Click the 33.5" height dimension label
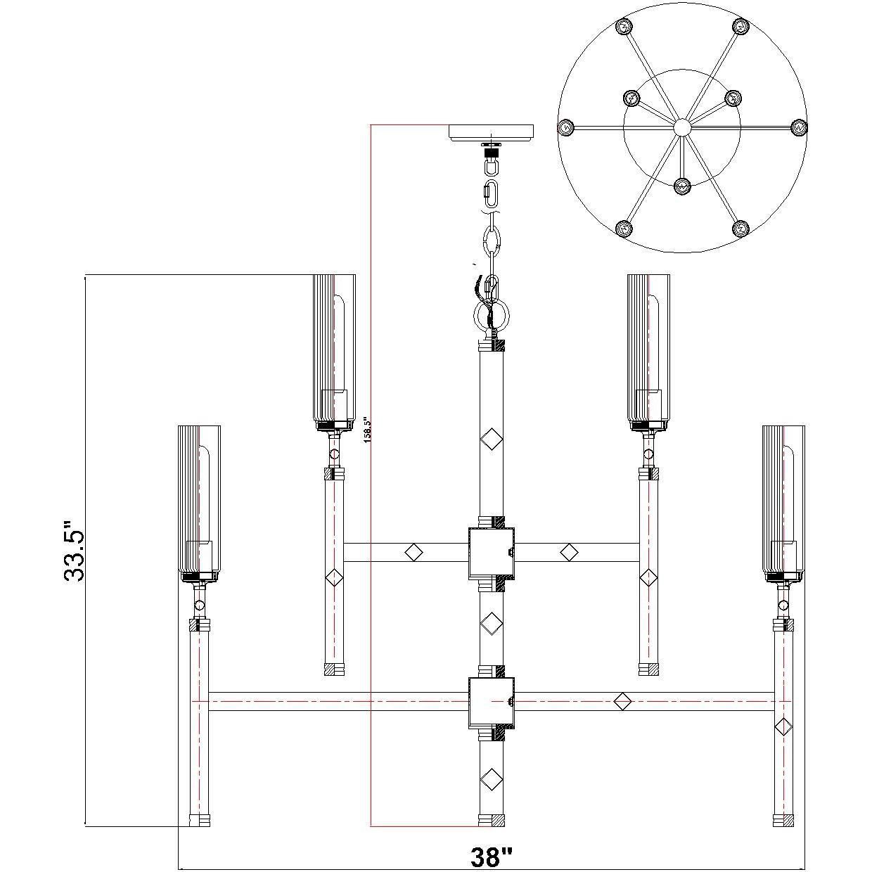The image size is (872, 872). [x=74, y=551]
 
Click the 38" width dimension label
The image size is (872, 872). [x=491, y=857]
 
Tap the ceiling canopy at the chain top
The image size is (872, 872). [x=491, y=132]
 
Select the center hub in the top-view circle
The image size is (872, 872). [x=681, y=127]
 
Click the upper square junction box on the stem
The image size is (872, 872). [x=492, y=552]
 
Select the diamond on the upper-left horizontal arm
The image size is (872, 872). [x=414, y=552]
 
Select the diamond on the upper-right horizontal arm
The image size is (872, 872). [x=569, y=552]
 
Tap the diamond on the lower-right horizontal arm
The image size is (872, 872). [x=622, y=701]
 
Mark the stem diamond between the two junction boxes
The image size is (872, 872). [x=492, y=623]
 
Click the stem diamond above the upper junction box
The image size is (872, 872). [x=492, y=441]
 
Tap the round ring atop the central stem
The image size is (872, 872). [x=492, y=314]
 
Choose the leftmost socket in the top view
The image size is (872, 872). [x=565, y=127]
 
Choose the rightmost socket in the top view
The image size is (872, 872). [x=797, y=127]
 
